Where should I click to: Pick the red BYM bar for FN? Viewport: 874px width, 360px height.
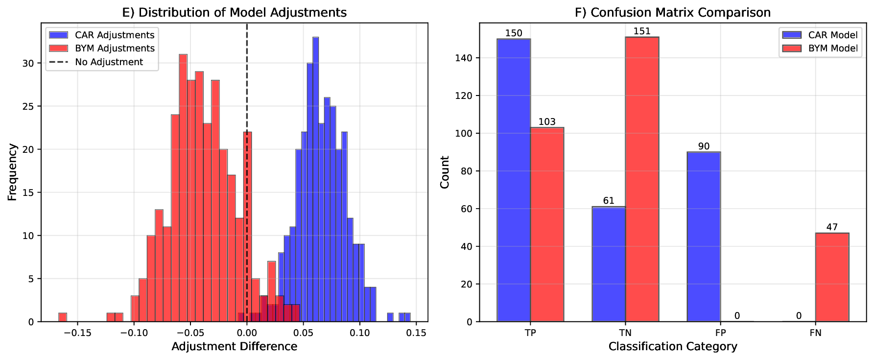coord(832,277)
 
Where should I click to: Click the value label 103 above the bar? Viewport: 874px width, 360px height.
coord(547,122)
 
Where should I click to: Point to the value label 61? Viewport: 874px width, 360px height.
coord(609,201)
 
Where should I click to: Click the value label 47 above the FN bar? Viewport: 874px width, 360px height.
coord(832,227)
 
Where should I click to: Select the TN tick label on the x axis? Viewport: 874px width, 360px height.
coord(625,333)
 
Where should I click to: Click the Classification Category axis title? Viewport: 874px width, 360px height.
coord(673,347)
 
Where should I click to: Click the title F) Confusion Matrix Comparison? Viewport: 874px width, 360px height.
coord(673,12)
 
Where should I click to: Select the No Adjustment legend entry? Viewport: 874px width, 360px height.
coord(109,62)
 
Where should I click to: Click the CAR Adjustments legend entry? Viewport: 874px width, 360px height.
coord(114,35)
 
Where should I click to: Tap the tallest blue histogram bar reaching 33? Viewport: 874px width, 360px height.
coord(315,179)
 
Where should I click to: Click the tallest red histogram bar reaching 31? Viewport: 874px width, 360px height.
coord(183,188)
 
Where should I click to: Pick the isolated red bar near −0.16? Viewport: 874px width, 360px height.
coord(63,317)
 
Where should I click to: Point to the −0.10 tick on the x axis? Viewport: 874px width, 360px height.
coord(134,333)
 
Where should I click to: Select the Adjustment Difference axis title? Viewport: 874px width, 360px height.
coord(234,347)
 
